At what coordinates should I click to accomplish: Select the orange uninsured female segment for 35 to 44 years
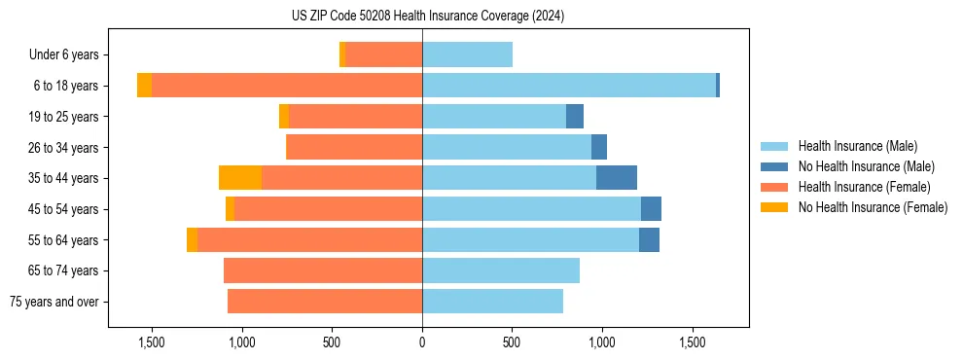[x=240, y=178]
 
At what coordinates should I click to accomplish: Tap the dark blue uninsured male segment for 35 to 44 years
[x=617, y=178]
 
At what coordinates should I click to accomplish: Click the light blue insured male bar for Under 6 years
[x=467, y=54]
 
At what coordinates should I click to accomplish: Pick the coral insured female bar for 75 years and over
[x=325, y=302]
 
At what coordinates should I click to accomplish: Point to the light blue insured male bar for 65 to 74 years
[x=501, y=270]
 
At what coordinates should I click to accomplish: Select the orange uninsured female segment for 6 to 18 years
[x=144, y=86]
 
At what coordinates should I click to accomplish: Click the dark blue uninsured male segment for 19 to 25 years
[x=575, y=117]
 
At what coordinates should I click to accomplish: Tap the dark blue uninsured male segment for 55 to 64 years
[x=649, y=239]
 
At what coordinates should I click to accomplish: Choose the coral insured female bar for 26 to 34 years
[x=355, y=147]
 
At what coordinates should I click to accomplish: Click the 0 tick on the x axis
[x=422, y=342]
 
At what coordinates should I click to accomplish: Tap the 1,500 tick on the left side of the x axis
[x=152, y=342]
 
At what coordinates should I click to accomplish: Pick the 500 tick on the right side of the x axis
[x=512, y=342]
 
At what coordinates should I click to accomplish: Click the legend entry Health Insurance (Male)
[x=857, y=146]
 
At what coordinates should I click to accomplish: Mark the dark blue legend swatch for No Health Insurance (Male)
[x=775, y=166]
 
